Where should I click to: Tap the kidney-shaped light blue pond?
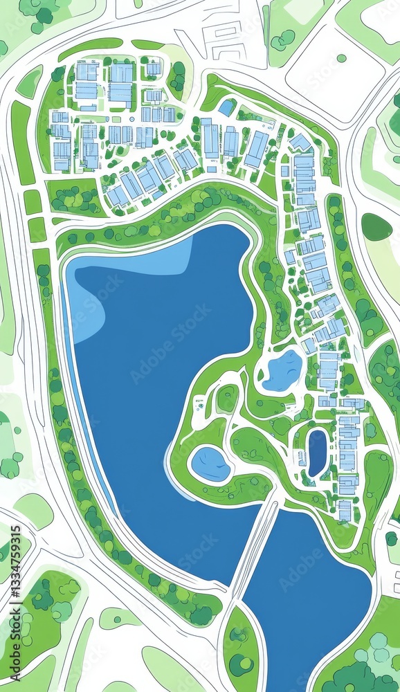pyautogui.click(x=282, y=370)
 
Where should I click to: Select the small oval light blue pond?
pyautogui.click(x=210, y=463)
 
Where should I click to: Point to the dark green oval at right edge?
pyautogui.click(x=376, y=226)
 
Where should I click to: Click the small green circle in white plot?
pyautogui.click(x=341, y=58)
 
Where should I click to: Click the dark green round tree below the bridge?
pyautogui.click(x=241, y=664)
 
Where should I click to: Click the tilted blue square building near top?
pyautogui.click(x=226, y=107)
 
